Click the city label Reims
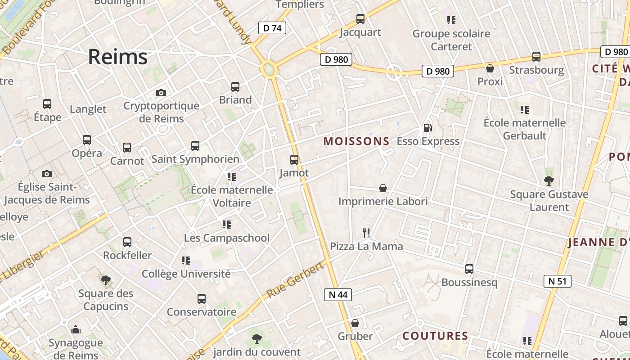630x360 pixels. [x=117, y=57]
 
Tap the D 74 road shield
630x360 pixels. [x=272, y=28]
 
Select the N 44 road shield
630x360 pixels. [x=338, y=295]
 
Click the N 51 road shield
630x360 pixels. [x=557, y=281]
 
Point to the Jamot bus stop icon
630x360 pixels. [x=294, y=160]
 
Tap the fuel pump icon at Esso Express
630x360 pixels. [x=427, y=128]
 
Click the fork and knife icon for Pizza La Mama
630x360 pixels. [x=366, y=233]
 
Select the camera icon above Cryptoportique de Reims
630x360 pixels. [x=161, y=93]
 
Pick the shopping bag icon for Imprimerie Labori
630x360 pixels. [x=383, y=188]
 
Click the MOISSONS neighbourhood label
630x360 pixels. [x=356, y=141]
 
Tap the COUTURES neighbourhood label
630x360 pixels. [x=435, y=336]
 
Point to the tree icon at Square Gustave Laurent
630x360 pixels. [x=549, y=181]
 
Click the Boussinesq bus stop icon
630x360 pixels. [x=469, y=269]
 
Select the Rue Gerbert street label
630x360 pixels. [x=295, y=279]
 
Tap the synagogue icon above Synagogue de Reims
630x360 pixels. [x=76, y=330]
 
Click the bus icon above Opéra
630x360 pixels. [x=87, y=140]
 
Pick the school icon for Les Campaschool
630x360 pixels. [x=227, y=224]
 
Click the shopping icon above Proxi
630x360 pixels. [x=490, y=68]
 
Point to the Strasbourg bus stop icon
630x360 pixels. [x=536, y=57]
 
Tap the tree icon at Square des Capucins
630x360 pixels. [x=106, y=280]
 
